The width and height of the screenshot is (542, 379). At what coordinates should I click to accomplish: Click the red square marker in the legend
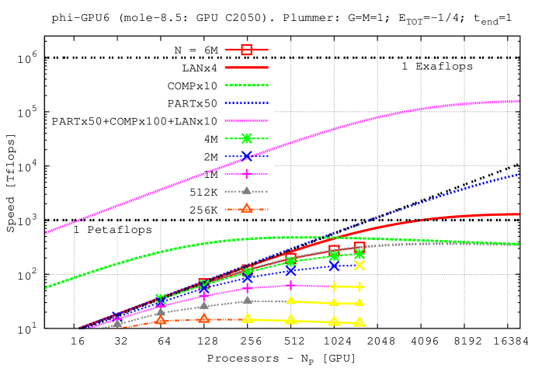247,50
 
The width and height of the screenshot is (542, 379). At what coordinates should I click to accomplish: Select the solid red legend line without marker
247,68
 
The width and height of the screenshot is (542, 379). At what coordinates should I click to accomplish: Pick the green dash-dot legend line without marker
247,85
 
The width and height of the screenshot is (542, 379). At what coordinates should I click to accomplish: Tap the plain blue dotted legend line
247,103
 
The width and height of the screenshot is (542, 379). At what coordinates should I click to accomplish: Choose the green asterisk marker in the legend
247,138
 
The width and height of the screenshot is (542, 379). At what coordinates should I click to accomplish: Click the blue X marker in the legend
247,156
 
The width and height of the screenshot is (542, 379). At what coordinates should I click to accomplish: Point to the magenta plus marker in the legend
247,174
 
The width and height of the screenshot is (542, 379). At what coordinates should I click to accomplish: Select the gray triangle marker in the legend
247,190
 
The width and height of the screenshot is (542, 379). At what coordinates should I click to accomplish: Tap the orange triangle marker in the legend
247,208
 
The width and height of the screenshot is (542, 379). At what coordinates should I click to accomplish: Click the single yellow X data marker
360,265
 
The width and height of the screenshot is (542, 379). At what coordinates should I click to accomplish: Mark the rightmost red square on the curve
360,247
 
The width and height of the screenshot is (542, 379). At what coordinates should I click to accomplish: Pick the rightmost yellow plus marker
360,287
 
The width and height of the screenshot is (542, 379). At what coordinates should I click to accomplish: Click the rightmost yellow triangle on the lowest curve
360,322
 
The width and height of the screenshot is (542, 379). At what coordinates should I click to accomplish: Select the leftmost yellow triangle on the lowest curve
248,318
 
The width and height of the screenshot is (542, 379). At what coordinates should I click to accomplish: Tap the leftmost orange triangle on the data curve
161,319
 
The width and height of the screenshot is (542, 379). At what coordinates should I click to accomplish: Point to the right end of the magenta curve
519,101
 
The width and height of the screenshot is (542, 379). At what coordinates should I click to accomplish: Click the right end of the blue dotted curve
519,175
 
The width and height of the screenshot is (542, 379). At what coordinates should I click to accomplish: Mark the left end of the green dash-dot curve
47,287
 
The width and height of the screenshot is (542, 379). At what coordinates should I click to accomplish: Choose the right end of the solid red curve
519,214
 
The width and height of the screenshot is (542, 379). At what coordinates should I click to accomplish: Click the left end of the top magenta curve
47,232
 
